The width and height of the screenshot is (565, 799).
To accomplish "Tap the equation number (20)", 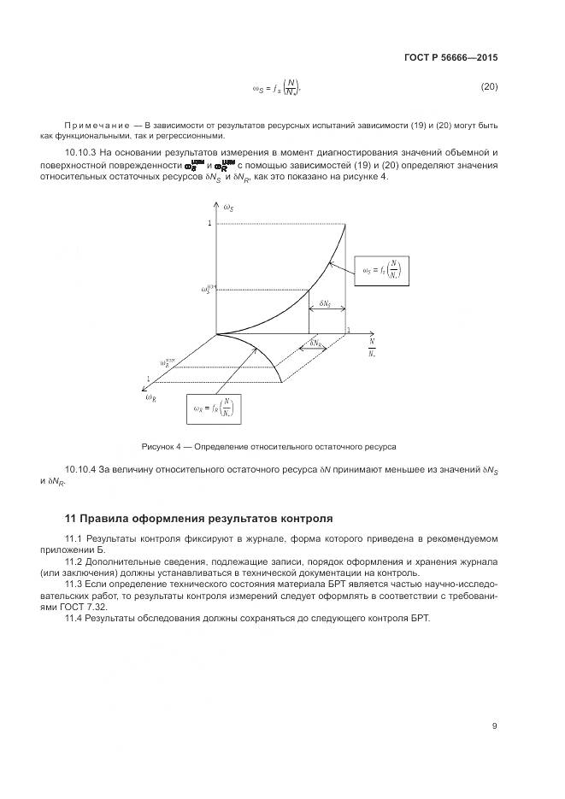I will coord(488,87).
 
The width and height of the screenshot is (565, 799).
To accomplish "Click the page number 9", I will coord(494,726).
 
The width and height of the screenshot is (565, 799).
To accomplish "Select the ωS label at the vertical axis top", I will coord(228,209).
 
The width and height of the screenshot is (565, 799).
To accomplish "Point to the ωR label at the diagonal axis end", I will coord(150,397).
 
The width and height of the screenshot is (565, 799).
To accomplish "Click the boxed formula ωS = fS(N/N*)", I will coord(382,272).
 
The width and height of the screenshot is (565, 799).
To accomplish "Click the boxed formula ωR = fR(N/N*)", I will coord(213,408).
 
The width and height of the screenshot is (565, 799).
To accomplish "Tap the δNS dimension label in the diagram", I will coord(326,303).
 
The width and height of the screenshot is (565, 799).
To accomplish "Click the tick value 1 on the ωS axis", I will coord(209,223).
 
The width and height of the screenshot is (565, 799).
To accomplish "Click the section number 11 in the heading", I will coord(71,519).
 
